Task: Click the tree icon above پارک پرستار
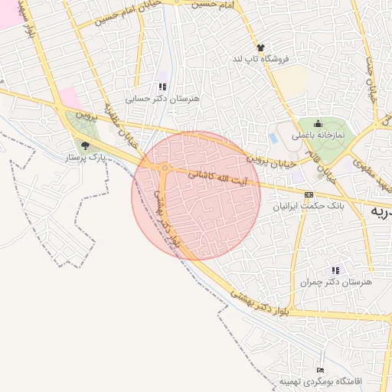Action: tap(84, 145)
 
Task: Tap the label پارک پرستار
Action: tap(84, 157)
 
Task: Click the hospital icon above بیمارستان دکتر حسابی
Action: tap(162, 87)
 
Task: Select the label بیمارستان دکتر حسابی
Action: tap(162, 99)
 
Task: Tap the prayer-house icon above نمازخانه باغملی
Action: tap(318, 124)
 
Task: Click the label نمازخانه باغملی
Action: tap(318, 136)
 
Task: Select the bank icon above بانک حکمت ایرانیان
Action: tap(309, 194)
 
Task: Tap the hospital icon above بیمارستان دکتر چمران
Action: tap(335, 270)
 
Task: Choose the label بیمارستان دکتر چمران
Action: tap(335, 283)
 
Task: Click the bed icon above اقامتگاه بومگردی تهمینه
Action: tap(320, 370)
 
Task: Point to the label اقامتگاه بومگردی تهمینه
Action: tap(320, 381)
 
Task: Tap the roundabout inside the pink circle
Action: tap(165, 167)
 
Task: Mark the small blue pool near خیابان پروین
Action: tap(273, 138)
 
